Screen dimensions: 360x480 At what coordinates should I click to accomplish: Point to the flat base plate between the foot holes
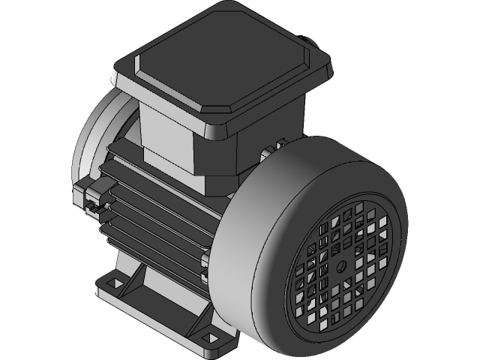tap(157, 307)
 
